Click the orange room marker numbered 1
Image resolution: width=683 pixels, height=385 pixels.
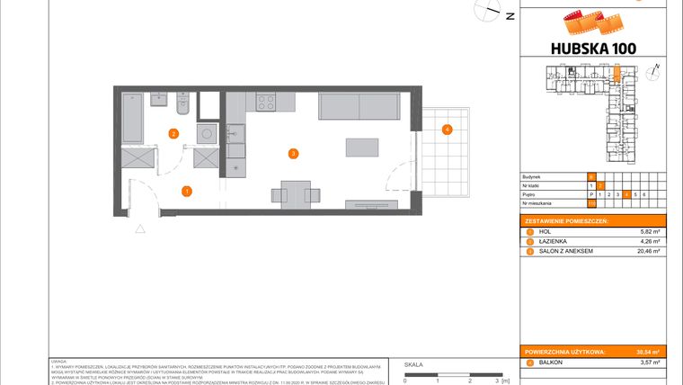coord(186,191)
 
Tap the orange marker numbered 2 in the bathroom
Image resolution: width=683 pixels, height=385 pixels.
coord(173,134)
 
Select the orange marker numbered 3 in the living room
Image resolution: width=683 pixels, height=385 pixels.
coord(293,154)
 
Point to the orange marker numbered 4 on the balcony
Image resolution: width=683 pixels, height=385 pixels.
coord(447,130)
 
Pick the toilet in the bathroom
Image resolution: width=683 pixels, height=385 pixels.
coord(182,105)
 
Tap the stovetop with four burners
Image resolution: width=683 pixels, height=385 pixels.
coord(266,103)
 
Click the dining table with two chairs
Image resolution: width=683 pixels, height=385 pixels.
coord(296,193)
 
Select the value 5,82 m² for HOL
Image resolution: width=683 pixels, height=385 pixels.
coord(651,231)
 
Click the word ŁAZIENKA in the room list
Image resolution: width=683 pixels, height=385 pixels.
coord(554,241)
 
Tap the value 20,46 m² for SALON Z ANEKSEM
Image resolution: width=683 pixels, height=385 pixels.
coord(649,251)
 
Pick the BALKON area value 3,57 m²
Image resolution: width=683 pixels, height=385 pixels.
coord(651,362)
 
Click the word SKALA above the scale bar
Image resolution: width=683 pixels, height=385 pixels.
coord(414,365)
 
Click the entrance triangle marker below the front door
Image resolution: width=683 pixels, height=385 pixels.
coord(140,228)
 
